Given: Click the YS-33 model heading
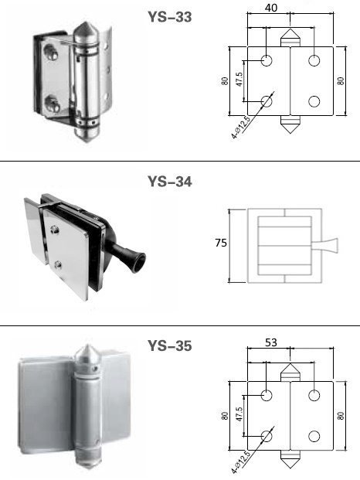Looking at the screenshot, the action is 170,17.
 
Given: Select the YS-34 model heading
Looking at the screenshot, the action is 170,182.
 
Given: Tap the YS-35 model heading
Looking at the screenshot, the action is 170,346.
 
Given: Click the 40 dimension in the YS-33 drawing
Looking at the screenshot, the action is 271,8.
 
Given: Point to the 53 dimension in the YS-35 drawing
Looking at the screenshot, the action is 271,342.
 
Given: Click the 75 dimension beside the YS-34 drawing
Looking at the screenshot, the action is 221,243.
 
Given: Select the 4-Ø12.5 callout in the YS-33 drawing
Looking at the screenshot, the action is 241,127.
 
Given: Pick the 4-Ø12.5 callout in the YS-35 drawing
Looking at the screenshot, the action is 241,461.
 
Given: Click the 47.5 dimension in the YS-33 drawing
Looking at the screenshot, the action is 239,79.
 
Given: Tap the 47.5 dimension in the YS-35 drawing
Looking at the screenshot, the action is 239,414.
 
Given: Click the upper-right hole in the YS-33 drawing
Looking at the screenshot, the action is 314,60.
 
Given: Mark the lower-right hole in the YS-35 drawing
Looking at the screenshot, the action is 314,436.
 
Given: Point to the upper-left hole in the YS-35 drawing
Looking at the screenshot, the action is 267,395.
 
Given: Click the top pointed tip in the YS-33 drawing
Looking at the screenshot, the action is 290,29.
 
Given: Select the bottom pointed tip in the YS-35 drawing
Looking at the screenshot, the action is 290,468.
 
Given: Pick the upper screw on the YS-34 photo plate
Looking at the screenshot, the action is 54,230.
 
